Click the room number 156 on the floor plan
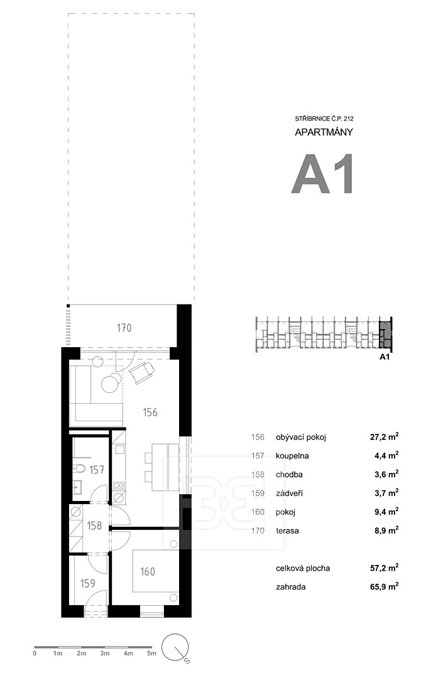click(150, 412)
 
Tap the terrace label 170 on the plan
click(124, 328)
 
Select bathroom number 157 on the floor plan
click(97, 470)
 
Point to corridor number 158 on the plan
click(94, 525)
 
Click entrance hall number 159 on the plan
click(88, 583)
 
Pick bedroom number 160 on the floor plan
click(148, 572)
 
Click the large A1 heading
click(323, 175)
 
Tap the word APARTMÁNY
click(324, 132)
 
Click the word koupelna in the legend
click(292, 456)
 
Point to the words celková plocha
click(303, 568)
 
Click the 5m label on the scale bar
click(151, 654)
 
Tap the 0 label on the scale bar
click(35, 654)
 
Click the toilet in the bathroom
click(79, 468)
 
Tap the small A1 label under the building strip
click(385, 357)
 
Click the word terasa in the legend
click(287, 530)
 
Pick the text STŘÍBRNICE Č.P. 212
click(324, 119)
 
